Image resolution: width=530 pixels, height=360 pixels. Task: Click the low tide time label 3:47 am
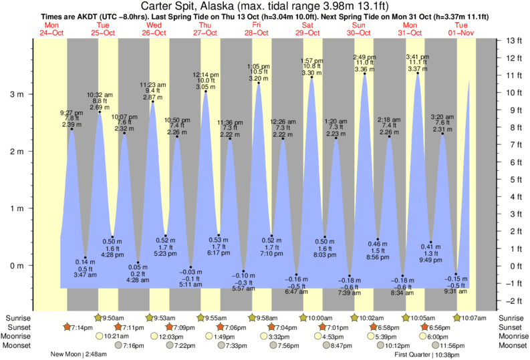(x=86, y=275)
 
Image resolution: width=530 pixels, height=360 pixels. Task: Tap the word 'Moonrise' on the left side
(x=17, y=337)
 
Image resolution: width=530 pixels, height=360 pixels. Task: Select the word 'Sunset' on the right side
(x=512, y=327)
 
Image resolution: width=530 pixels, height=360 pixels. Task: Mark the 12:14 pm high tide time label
(x=206, y=74)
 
